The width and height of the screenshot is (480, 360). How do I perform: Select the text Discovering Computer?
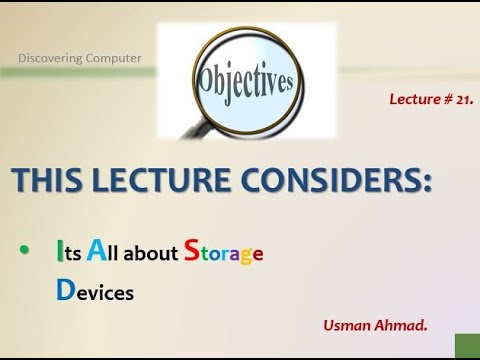click(x=80, y=57)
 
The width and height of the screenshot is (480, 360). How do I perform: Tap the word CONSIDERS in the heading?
click(x=325, y=181)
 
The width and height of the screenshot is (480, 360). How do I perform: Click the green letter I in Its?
click(x=60, y=252)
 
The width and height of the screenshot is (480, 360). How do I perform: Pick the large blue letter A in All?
click(x=97, y=251)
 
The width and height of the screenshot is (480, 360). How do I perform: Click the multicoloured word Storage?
click(x=224, y=254)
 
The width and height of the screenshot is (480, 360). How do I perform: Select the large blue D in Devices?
click(x=65, y=291)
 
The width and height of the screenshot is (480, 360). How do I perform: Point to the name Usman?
click(x=346, y=325)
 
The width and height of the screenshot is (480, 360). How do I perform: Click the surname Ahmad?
click(x=397, y=325)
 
